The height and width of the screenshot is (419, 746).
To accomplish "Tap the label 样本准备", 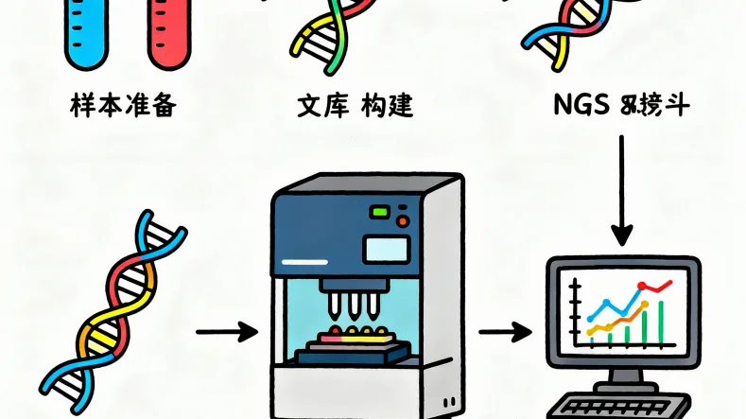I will pos(124,104).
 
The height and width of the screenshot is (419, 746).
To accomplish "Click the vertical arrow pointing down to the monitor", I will pos(622,189).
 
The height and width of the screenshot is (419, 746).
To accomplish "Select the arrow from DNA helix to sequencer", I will pos(226,332).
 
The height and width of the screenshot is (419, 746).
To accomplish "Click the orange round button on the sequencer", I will pos(404,221).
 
